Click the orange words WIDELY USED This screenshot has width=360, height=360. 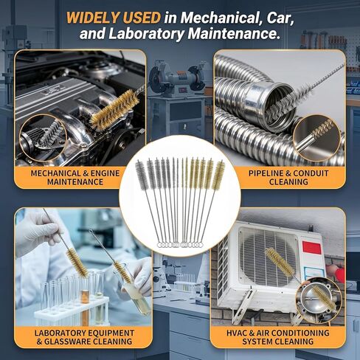click(x=114, y=18)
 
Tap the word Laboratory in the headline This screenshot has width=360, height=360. click(x=146, y=33)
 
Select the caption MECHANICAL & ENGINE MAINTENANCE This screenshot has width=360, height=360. click(x=75, y=178)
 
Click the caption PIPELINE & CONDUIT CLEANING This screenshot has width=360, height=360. click(x=288, y=178)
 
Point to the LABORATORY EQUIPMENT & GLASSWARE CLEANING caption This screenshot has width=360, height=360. click(x=84, y=337)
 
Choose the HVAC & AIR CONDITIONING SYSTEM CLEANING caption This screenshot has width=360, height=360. click(x=278, y=337)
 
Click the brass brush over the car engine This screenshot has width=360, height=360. click(x=114, y=110)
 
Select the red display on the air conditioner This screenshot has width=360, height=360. click(x=312, y=247)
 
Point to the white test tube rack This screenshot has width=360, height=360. click(x=72, y=311)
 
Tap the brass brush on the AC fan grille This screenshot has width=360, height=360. click(x=280, y=262)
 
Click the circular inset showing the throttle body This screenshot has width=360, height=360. click(x=319, y=300)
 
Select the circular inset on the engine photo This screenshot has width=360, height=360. click(x=44, y=138)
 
